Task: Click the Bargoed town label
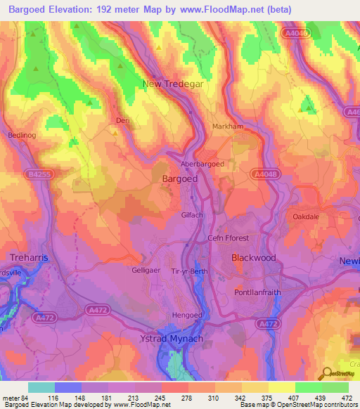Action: [179, 179]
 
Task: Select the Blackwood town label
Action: [254, 258]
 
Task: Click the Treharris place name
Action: [29, 258]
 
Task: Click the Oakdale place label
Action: [306, 216]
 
